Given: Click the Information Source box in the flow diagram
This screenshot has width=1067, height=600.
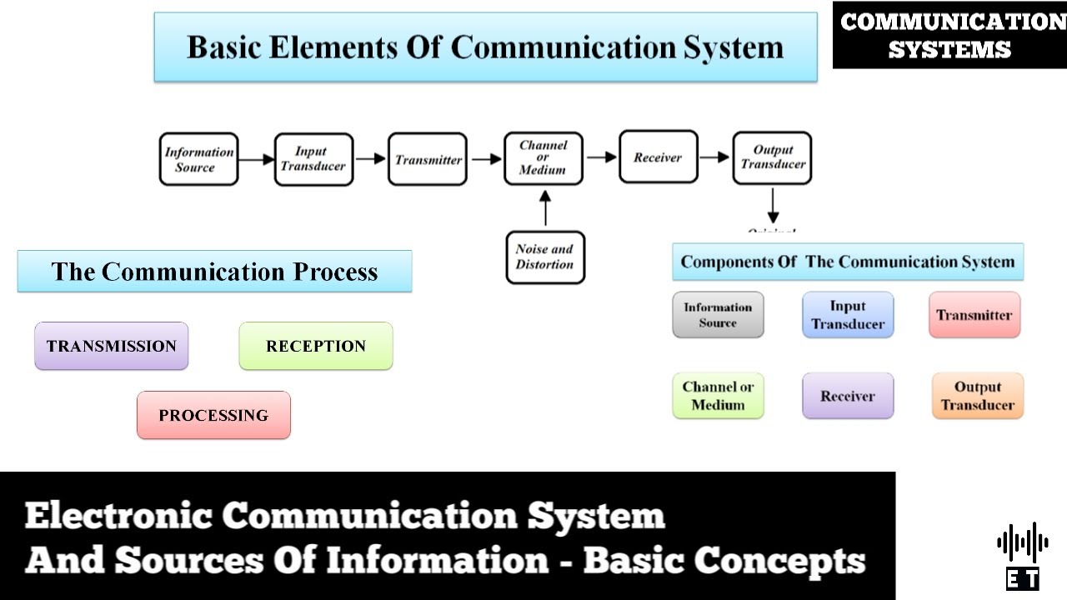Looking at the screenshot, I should (x=198, y=159).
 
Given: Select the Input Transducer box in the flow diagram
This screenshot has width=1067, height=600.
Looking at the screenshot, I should (x=314, y=159).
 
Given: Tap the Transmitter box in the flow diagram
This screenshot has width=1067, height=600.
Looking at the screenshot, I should (x=428, y=159).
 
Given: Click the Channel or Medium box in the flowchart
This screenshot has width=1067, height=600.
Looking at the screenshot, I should (x=543, y=157).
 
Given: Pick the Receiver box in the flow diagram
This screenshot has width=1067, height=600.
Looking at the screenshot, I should (x=658, y=157).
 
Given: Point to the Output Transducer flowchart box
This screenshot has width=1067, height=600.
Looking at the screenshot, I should (x=772, y=157).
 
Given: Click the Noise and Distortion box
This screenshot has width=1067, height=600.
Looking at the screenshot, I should (x=545, y=257).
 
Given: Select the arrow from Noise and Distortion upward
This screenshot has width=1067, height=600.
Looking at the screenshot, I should (x=545, y=208).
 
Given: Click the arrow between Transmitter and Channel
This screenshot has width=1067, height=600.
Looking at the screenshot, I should (x=485, y=159).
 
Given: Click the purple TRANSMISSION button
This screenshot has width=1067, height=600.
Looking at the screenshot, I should (x=111, y=346).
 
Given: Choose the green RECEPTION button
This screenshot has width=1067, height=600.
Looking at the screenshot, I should (x=315, y=346).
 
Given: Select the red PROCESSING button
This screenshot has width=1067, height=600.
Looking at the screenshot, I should (x=213, y=415).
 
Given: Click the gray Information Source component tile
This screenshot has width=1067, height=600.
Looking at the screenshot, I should (x=718, y=315).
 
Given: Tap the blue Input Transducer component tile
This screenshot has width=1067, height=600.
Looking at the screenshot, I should (x=848, y=315).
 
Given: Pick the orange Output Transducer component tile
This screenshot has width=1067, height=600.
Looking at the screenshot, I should (x=977, y=396).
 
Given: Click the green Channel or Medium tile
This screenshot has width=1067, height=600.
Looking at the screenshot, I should (x=718, y=396).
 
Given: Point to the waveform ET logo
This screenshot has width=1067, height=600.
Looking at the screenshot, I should (x=1022, y=554).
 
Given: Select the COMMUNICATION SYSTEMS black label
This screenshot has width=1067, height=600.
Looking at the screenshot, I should (x=949, y=35).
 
